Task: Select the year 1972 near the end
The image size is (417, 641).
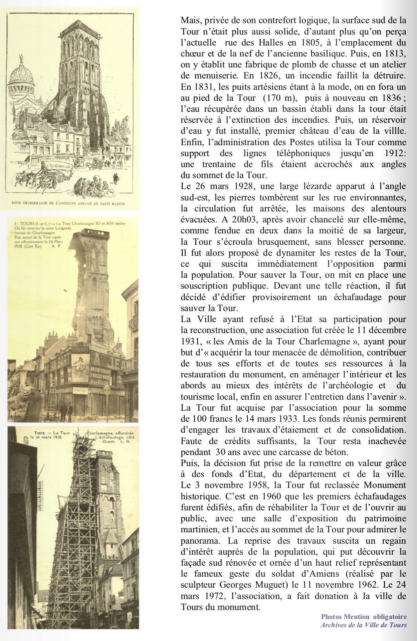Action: click(213, 596)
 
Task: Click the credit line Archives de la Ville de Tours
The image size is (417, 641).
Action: click(363, 625)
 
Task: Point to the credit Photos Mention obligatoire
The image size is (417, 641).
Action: click(364, 617)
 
